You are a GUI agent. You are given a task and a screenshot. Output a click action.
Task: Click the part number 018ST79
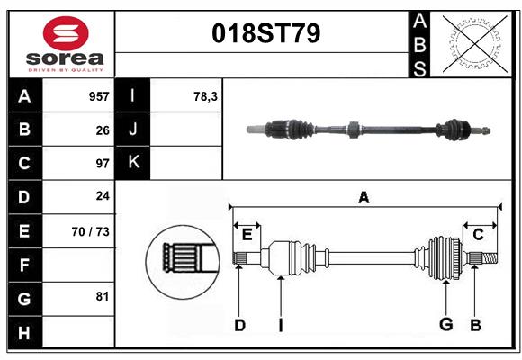[x=265, y=34]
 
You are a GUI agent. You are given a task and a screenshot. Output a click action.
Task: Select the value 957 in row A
[x=99, y=96]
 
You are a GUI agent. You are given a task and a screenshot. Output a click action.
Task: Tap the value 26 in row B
[x=103, y=130]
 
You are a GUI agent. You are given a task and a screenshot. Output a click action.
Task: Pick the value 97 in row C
[x=103, y=164]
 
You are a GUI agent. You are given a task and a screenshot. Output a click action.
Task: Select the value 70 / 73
[x=91, y=231]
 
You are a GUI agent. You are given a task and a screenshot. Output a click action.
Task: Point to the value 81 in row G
[x=103, y=296]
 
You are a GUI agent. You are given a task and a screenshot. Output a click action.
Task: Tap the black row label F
[x=24, y=265]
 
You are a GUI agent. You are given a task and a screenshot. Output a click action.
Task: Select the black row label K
[x=133, y=163]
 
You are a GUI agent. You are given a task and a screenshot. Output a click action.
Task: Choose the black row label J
[x=133, y=130]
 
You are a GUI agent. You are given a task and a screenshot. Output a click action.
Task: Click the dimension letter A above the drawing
[x=364, y=198]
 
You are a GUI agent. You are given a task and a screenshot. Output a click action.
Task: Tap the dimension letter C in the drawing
[x=478, y=235]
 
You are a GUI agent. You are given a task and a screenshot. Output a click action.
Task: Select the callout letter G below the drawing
[x=445, y=325]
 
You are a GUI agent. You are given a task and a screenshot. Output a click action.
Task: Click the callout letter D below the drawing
[x=239, y=325]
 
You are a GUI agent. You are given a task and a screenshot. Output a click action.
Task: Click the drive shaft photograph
[x=369, y=130]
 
